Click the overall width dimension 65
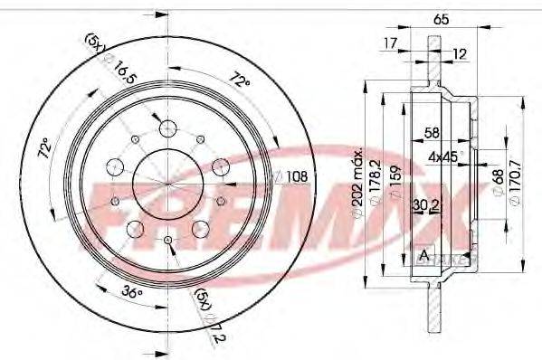click(x=441, y=17)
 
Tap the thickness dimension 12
click(x=461, y=53)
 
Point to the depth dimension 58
click(x=433, y=133)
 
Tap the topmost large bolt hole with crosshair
click(x=169, y=128)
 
